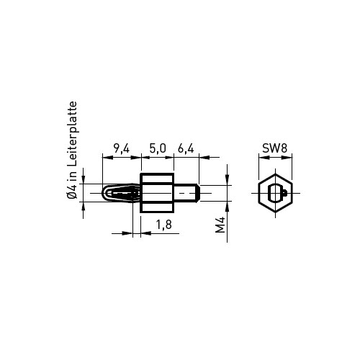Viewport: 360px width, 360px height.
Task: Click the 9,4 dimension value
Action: coord(122,149)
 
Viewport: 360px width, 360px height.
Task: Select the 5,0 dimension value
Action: coord(158,149)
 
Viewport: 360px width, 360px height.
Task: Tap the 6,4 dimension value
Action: coord(186,149)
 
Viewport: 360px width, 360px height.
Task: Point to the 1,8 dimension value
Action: coord(164,225)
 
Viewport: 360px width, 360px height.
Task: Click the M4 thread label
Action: coord(220,225)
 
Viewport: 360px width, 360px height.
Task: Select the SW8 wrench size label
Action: coord(274,148)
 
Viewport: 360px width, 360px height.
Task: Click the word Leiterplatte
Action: coord(73,134)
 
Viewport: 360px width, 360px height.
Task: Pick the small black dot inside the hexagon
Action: coord(285,192)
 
